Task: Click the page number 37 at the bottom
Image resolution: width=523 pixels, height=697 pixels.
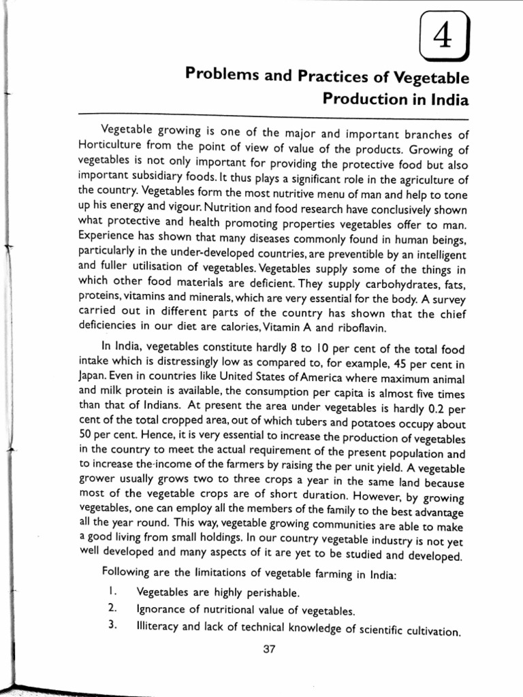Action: tap(268, 649)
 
